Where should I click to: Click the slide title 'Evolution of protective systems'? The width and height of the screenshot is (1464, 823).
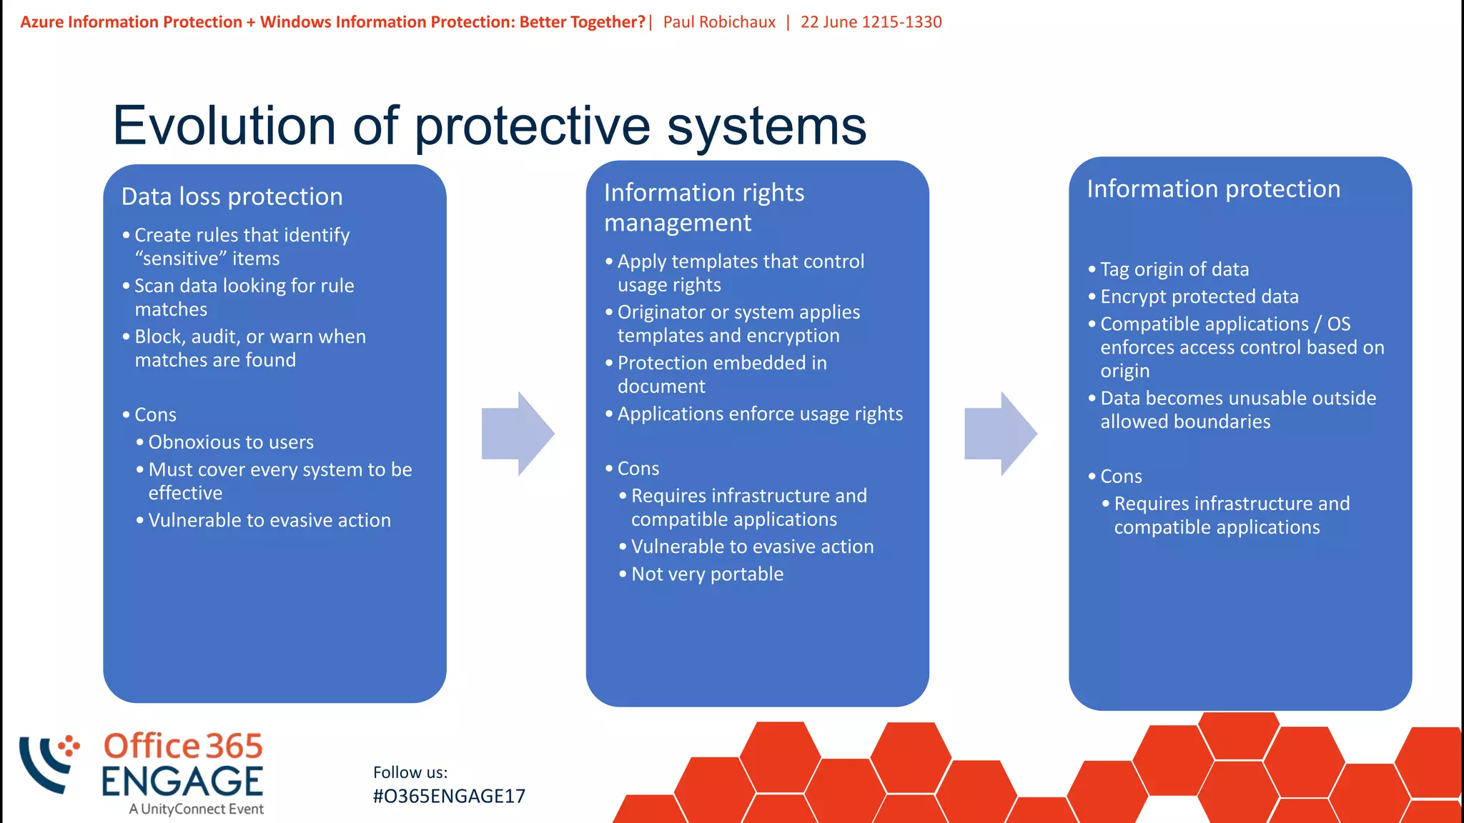point(489,126)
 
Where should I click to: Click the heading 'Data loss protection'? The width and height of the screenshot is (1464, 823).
point(232,196)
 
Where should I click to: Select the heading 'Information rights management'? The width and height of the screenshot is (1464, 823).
point(704,207)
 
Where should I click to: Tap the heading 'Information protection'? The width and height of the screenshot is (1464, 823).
point(1213,189)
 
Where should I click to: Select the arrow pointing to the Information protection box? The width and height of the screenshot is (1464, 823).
point(1000,433)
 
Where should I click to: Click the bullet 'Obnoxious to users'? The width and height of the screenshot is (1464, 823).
point(231,442)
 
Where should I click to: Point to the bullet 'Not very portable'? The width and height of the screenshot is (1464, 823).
point(707,574)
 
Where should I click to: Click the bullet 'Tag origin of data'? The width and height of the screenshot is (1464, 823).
point(1174,269)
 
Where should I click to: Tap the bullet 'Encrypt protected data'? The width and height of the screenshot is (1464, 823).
point(1199,296)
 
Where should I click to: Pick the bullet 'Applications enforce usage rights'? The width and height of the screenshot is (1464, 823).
point(759,414)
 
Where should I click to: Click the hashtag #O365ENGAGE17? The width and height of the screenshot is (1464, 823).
point(449,797)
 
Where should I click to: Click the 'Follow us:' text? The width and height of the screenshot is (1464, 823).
point(410,772)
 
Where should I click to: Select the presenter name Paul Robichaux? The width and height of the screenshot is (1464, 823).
point(718,22)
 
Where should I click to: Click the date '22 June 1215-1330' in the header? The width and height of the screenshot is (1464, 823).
point(871,22)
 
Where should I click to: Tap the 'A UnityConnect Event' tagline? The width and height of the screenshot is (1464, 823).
point(196,809)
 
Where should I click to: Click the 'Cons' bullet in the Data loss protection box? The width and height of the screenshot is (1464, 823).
point(155,415)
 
